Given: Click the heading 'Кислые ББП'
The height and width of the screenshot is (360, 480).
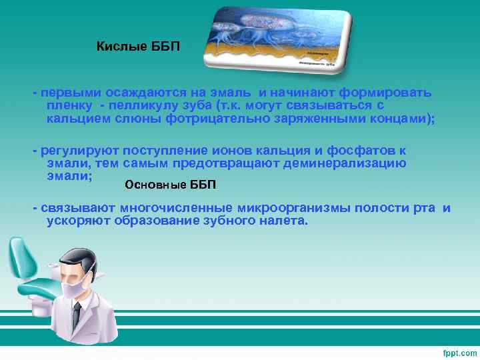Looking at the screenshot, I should click(x=138, y=47).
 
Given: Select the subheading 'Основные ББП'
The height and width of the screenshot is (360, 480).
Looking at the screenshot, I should click(x=171, y=184).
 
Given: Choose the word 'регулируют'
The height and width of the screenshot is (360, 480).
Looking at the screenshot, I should click(x=77, y=151).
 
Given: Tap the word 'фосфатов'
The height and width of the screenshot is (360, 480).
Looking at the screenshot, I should click(x=368, y=151).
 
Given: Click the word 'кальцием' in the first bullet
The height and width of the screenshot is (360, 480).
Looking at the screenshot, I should click(x=77, y=119).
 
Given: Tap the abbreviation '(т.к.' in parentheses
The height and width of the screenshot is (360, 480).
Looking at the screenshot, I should click(x=234, y=105).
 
